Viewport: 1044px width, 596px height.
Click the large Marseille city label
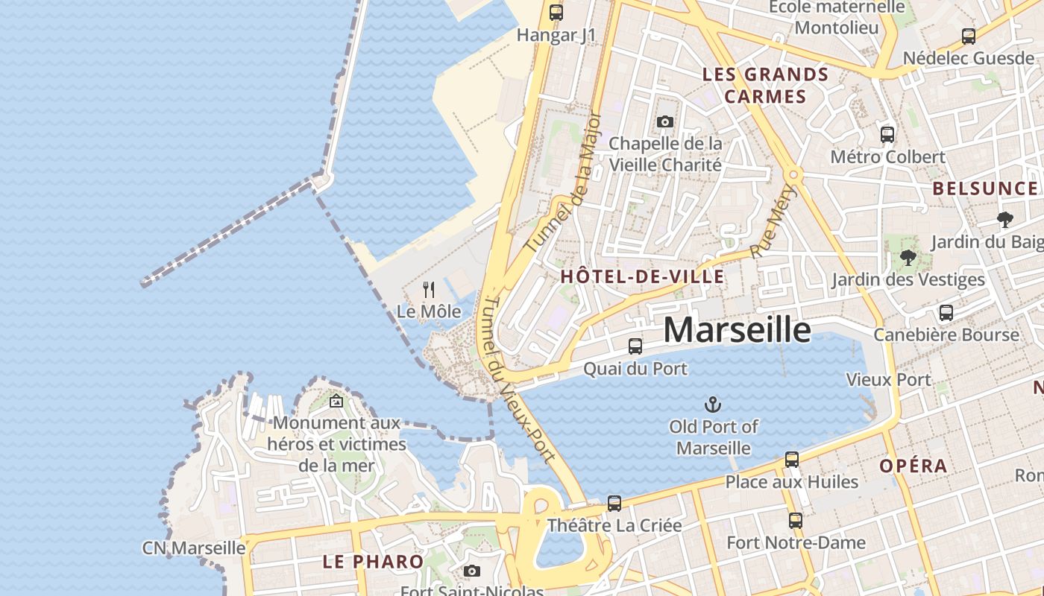coord(737,330)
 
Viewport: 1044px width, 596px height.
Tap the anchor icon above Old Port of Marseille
coord(714,405)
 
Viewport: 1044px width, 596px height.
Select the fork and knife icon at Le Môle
coord(429,289)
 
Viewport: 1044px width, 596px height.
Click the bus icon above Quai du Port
coord(635,346)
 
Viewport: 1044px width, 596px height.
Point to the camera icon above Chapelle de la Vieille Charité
coord(665,121)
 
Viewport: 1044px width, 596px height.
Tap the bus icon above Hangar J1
coord(556,12)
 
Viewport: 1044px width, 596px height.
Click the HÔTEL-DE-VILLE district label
coord(641,277)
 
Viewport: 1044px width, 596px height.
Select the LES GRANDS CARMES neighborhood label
coord(766,86)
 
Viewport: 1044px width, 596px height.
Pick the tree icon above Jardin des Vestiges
coord(908,258)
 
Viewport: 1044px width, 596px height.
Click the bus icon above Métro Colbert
coord(887,135)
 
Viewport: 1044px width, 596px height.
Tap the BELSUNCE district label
coord(985,188)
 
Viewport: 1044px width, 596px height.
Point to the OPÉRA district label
coord(913,466)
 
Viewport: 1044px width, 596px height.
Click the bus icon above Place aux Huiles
coord(792,460)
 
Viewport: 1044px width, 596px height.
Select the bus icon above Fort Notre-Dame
coord(796,520)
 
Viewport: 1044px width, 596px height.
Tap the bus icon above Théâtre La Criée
coord(614,504)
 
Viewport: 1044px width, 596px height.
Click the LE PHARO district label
coord(373,562)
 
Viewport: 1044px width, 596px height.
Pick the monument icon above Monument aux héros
coord(336,401)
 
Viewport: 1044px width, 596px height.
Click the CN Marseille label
coord(194,548)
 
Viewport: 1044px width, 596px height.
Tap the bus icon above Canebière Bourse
coord(946,313)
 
